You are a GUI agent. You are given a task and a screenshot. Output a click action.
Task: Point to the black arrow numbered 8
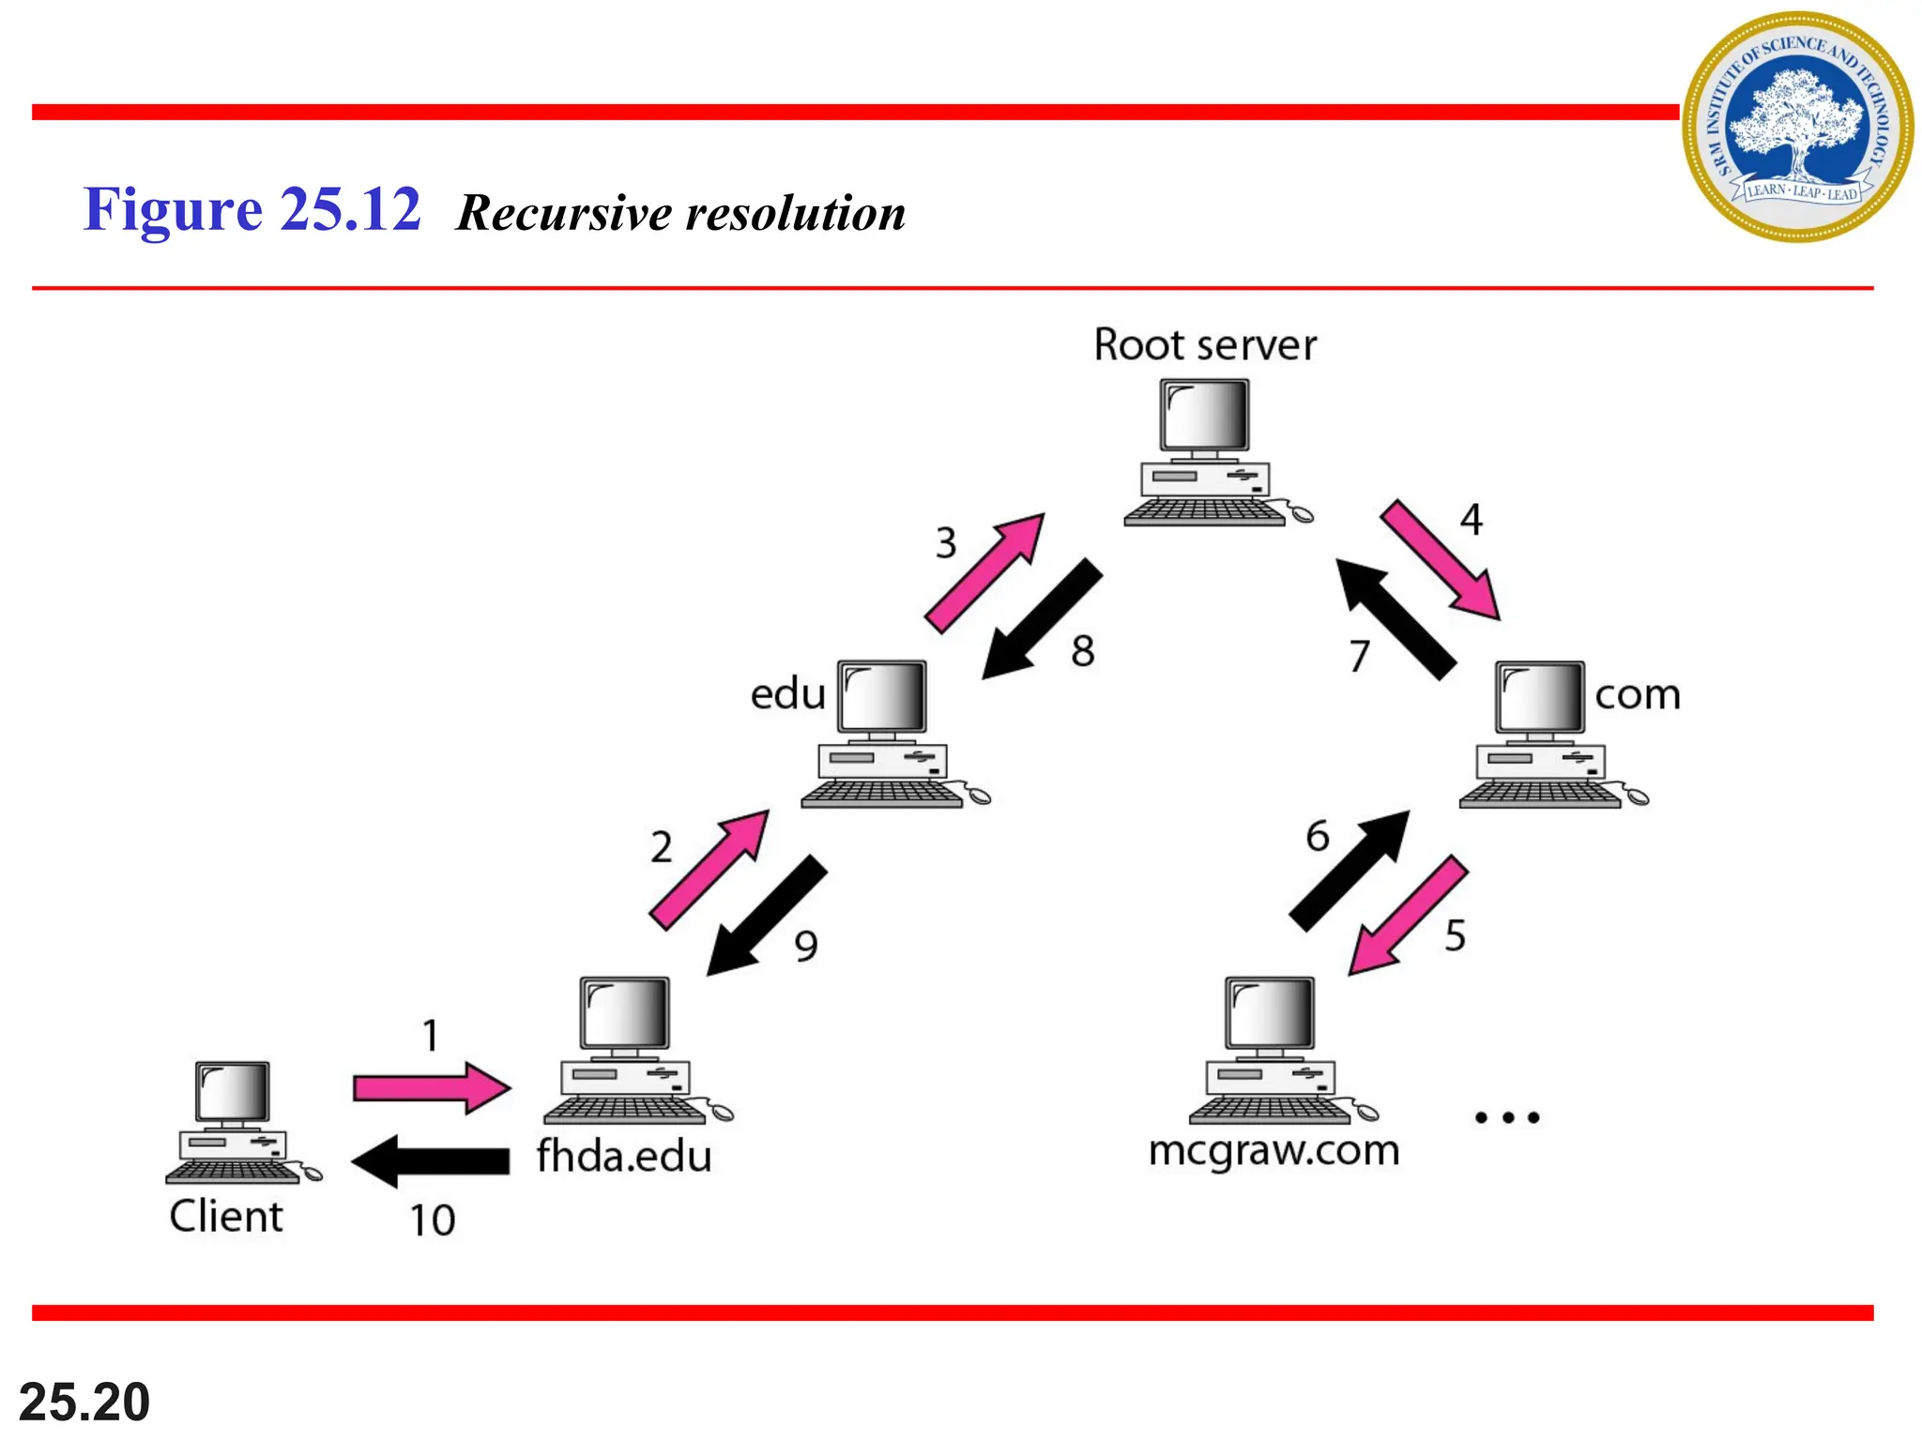(x=1042, y=619)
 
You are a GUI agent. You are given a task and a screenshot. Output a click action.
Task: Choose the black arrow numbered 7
(x=1396, y=619)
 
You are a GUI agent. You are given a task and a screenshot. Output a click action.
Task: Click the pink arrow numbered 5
(x=1408, y=915)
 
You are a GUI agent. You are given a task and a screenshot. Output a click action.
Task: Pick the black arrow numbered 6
(x=1350, y=871)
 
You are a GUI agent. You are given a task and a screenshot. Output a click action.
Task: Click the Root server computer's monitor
(x=1204, y=416)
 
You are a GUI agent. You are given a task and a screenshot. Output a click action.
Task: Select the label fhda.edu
(x=624, y=1156)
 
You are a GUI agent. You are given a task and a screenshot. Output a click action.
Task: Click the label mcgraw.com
(x=1274, y=1150)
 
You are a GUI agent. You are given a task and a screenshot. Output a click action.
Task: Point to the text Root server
(x=1205, y=344)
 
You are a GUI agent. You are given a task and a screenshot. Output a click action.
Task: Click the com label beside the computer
(x=1637, y=695)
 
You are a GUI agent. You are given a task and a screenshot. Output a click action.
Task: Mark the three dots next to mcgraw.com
(x=1507, y=1117)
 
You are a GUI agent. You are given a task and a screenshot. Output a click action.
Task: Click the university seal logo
(x=1797, y=127)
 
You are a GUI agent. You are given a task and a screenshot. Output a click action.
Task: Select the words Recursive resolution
(x=680, y=212)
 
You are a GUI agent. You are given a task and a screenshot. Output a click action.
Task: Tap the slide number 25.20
(x=84, y=1402)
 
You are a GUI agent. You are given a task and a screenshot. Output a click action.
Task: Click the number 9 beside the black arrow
(x=806, y=946)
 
